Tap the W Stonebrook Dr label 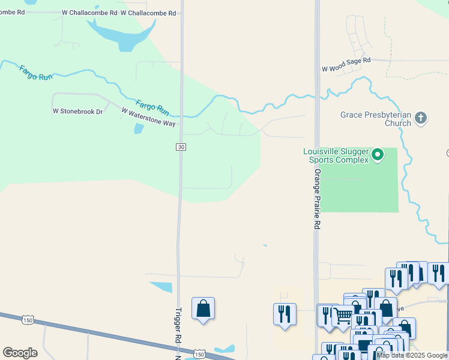pyautogui.click(x=78, y=111)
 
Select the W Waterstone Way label pyautogui.click(x=148, y=116)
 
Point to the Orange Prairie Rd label pyautogui.click(x=317, y=199)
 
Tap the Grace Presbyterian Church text pyautogui.click(x=376, y=119)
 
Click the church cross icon pyautogui.click(x=421, y=118)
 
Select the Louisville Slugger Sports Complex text pyautogui.click(x=336, y=155)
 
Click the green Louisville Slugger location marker pyautogui.click(x=378, y=155)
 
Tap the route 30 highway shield pyautogui.click(x=181, y=147)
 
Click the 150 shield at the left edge pyautogui.click(x=26, y=319)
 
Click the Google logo pyautogui.click(x=20, y=353)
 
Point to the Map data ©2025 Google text pyautogui.click(x=412, y=356)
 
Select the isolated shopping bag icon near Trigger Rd pyautogui.click(x=203, y=308)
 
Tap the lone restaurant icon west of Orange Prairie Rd pyautogui.click(x=285, y=314)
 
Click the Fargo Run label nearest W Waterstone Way pyautogui.click(x=152, y=107)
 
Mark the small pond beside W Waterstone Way pyautogui.click(x=139, y=128)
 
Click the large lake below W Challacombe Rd pyautogui.click(x=120, y=33)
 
